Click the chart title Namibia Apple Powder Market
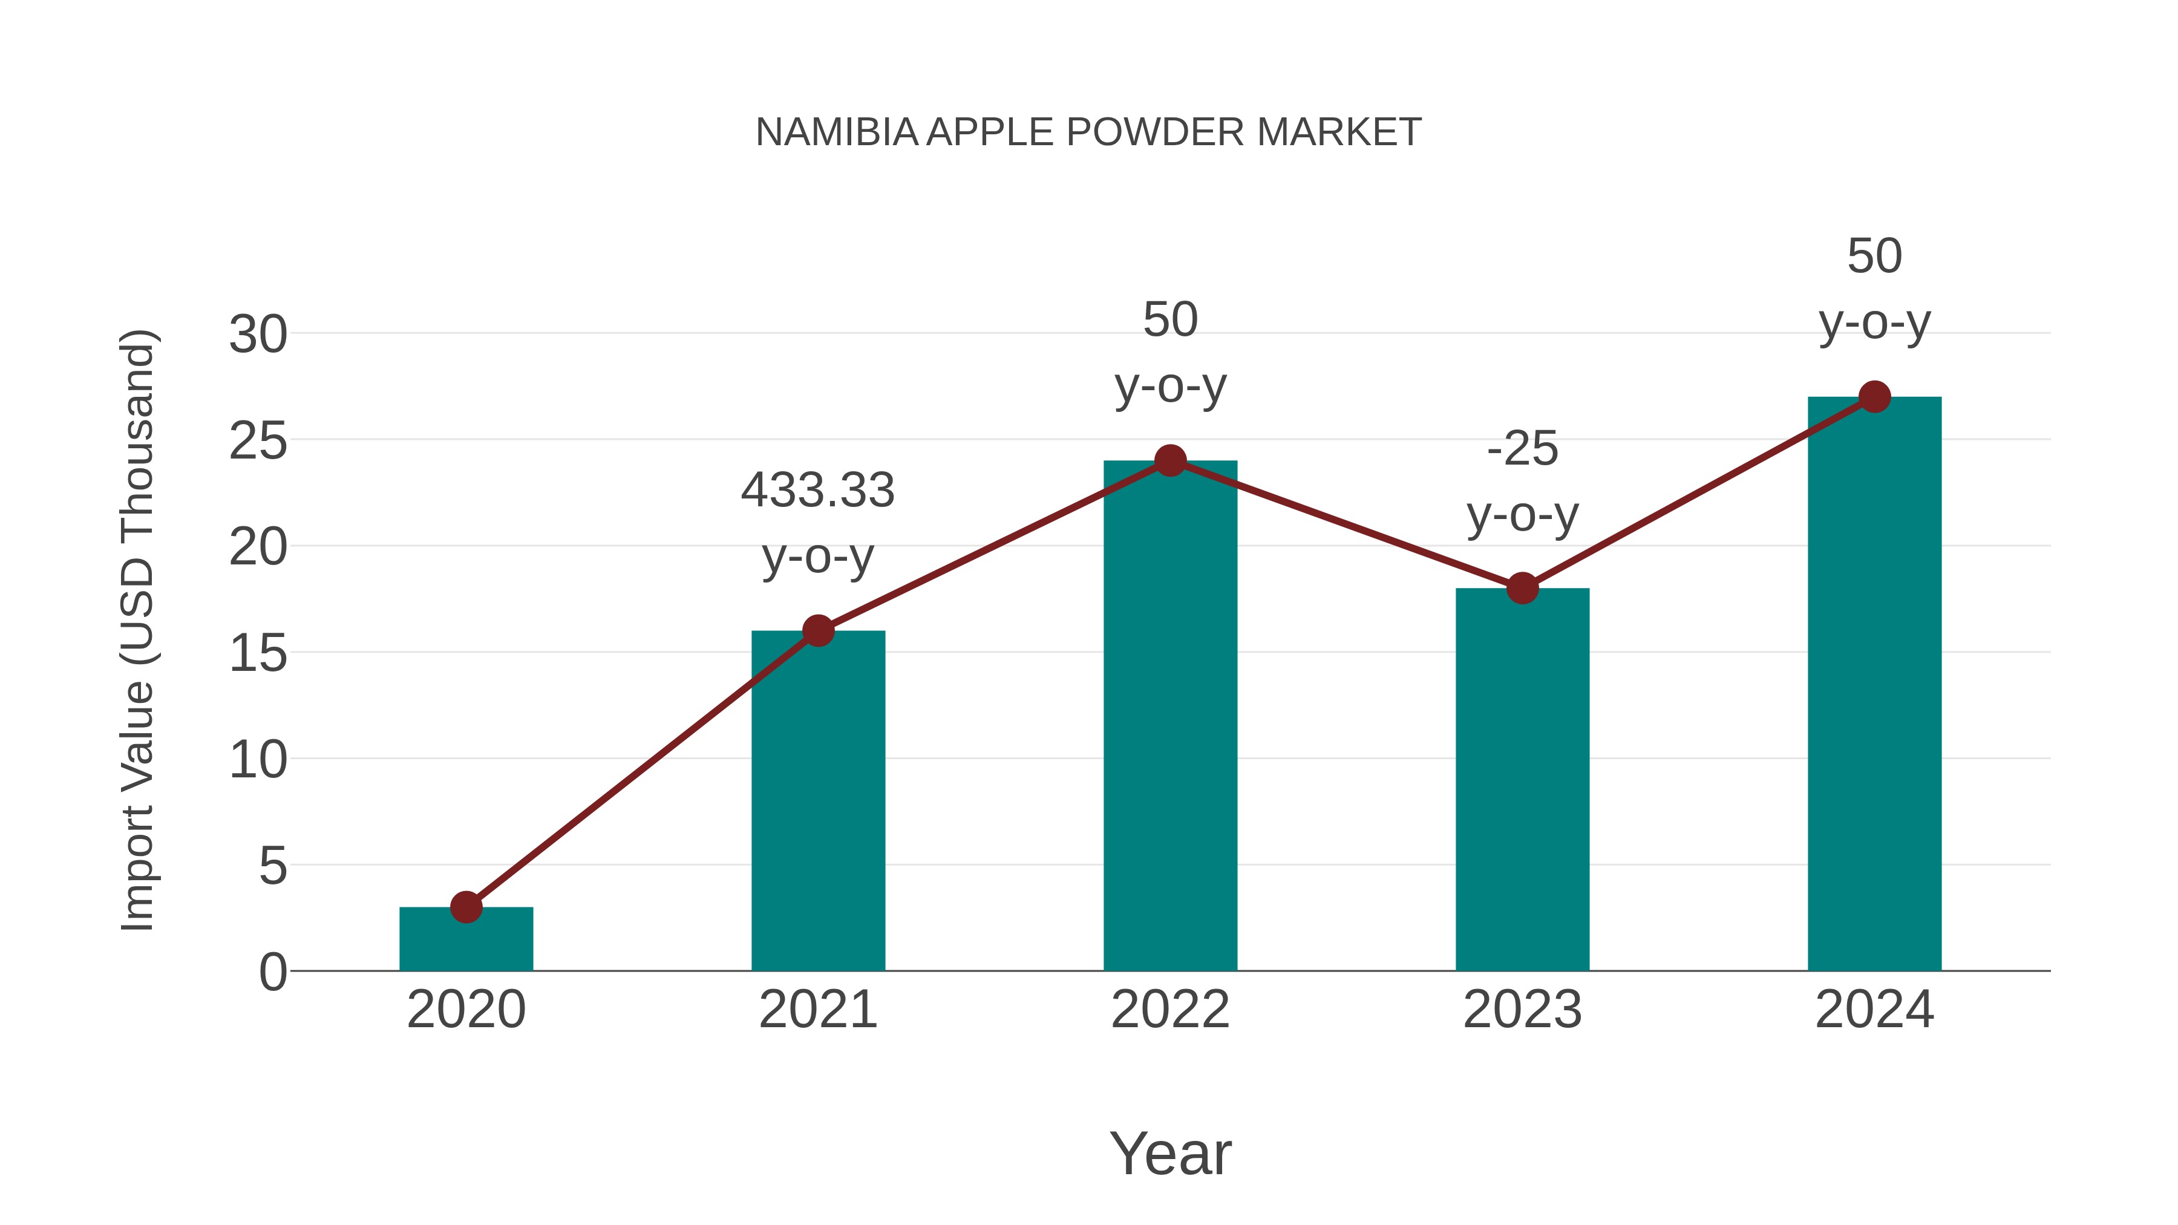tap(1088, 132)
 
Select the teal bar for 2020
tap(466, 939)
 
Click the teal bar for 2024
tap(1874, 685)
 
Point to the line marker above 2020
tap(466, 907)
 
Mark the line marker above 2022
tap(1170, 461)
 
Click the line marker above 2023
tap(1522, 589)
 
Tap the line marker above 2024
tap(1874, 396)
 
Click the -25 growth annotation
tap(1522, 449)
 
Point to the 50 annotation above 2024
tap(1874, 256)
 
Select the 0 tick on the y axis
tap(272, 972)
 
